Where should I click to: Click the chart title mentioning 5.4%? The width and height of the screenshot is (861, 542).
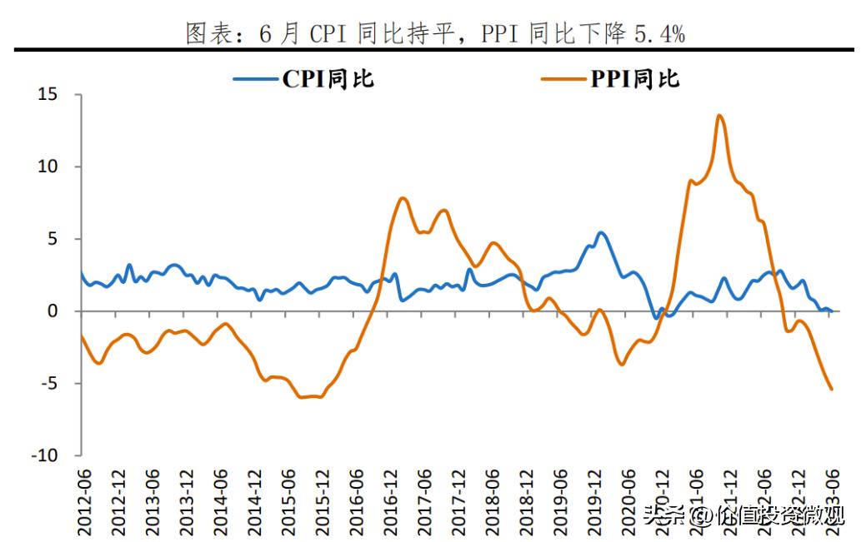click(434, 33)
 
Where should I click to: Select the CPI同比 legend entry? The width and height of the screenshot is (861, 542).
click(303, 79)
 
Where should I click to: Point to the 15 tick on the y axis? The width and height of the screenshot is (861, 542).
click(48, 95)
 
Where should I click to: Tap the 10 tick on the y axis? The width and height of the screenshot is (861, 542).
click(48, 167)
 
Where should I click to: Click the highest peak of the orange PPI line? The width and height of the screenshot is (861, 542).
click(719, 116)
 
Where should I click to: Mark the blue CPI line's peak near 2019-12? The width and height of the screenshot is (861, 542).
click(601, 232)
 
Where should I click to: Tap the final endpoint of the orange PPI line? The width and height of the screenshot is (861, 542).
click(831, 389)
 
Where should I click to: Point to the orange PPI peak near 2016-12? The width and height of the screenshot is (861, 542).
click(403, 198)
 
